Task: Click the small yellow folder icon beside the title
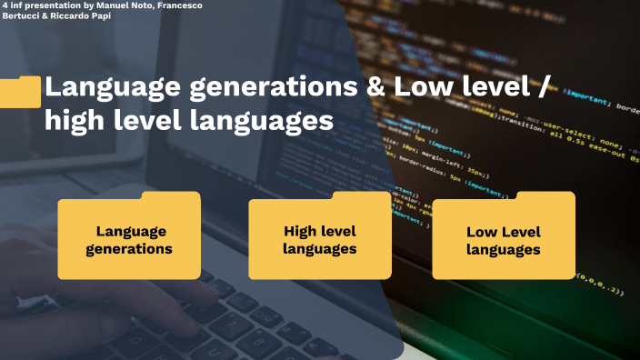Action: point(20,91)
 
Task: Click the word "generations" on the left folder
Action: point(129,248)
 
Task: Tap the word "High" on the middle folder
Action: point(299,231)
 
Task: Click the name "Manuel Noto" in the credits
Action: point(119,5)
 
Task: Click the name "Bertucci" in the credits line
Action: point(20,16)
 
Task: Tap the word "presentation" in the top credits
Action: point(54,5)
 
